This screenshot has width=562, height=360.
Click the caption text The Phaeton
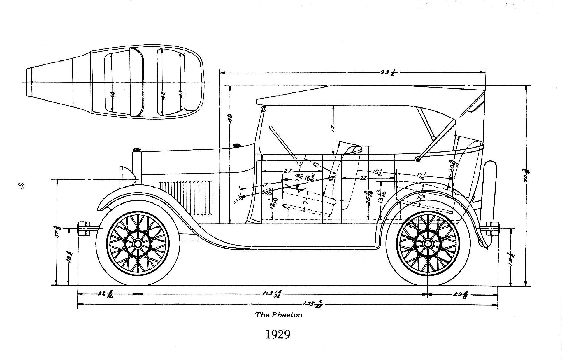point(279,315)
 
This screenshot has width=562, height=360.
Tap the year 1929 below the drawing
point(278,335)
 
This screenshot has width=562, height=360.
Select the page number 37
point(21,186)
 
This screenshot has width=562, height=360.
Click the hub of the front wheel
point(137,243)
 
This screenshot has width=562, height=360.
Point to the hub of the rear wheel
point(428,243)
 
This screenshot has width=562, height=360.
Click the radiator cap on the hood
point(136,150)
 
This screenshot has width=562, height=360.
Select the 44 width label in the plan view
point(113,95)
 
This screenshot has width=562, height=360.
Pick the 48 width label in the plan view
point(163,95)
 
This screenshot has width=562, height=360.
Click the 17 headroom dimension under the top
point(333,129)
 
